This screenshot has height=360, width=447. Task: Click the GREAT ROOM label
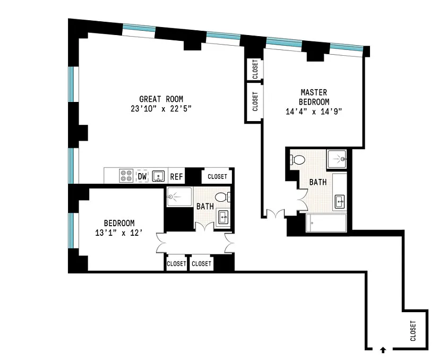(161, 99)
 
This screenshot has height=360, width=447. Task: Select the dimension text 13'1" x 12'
(119, 233)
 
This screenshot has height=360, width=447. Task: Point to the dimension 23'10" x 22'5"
(161, 109)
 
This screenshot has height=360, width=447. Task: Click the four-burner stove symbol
(126, 176)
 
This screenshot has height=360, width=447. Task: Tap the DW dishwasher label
(142, 176)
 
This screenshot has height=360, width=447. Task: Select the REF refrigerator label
(176, 177)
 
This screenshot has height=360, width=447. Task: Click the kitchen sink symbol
(158, 176)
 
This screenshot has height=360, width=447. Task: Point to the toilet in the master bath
(297, 160)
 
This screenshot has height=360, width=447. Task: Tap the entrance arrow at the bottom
(383, 350)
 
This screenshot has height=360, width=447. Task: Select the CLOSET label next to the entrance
(413, 331)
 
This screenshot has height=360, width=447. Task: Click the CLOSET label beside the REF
(217, 177)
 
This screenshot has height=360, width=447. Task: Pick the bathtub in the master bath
(326, 222)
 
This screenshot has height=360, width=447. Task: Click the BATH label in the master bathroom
(318, 182)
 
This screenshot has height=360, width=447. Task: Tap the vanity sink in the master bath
(340, 202)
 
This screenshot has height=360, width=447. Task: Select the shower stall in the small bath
(179, 196)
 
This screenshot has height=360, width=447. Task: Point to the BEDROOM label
(119, 223)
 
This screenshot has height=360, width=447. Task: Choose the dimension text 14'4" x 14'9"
(314, 111)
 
